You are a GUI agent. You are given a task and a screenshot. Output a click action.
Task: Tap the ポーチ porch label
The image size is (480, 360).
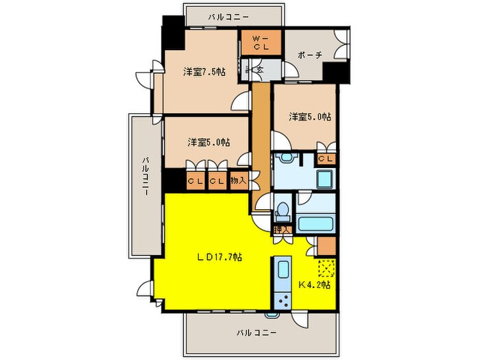(x=310, y=56)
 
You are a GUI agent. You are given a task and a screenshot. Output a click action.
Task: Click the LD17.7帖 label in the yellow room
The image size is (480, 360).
(x=218, y=257)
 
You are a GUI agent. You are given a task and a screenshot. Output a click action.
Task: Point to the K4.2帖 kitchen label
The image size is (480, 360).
(x=315, y=284)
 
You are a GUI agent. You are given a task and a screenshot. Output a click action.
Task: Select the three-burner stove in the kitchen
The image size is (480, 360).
(x=282, y=299)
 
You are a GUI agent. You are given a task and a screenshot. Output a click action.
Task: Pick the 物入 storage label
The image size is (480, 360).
(x=238, y=181)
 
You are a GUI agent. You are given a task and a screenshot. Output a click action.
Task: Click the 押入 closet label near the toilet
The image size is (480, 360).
(x=281, y=229)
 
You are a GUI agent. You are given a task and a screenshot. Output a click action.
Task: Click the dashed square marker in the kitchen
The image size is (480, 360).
(x=326, y=267)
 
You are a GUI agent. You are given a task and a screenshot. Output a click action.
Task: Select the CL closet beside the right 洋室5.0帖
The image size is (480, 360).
(x=326, y=159)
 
